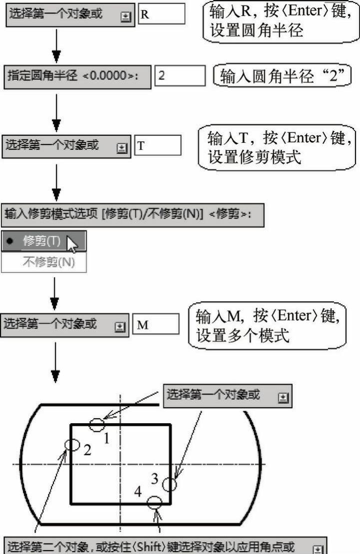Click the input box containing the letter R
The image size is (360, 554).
coord(161,14)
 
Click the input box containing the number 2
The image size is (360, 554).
coord(180,76)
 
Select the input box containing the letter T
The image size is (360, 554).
coord(157,146)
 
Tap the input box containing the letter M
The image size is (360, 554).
coord(155,324)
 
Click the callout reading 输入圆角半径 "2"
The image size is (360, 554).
coord(283,76)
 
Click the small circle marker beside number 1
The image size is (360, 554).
coord(97,425)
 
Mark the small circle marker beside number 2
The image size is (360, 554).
coord(72,444)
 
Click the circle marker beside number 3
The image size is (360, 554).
coord(170,485)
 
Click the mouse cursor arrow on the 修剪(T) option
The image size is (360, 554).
coord(72,244)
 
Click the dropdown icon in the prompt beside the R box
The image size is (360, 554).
coord(125,15)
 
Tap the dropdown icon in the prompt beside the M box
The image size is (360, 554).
coord(119,326)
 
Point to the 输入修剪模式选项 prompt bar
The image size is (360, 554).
coord(132,214)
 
